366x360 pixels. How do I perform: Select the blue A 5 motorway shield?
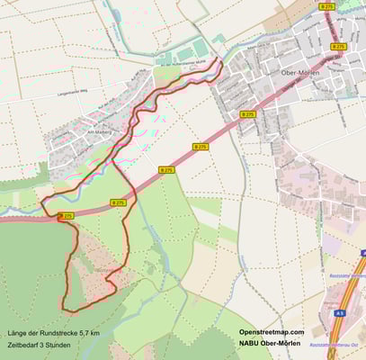339,312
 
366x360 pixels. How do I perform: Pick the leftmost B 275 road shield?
66,217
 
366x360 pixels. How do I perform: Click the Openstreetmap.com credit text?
272,332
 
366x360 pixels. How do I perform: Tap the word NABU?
250,344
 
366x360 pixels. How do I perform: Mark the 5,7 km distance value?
87,333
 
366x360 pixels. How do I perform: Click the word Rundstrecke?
58,333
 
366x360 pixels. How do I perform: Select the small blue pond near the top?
219,39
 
